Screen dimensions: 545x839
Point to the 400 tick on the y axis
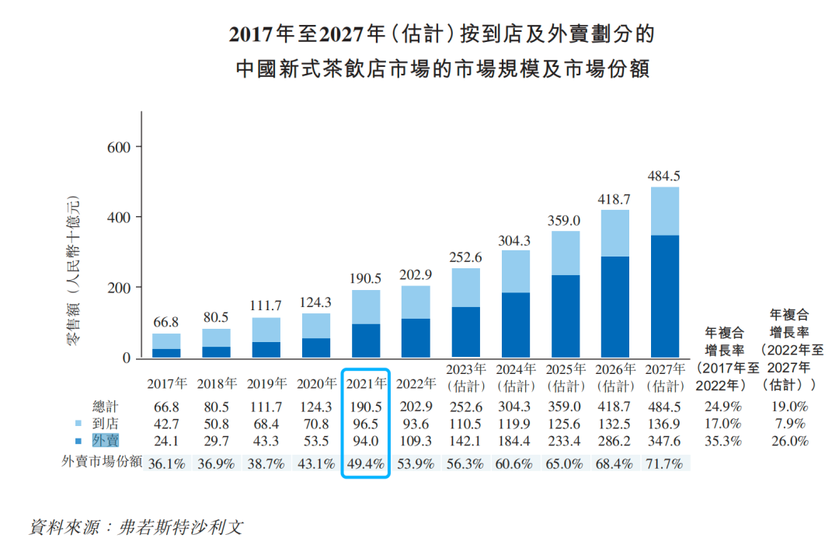(x=119, y=217)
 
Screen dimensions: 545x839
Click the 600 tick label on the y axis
(x=119, y=146)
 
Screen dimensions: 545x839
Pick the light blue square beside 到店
(x=78, y=424)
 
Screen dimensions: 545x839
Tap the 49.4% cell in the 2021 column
(x=364, y=464)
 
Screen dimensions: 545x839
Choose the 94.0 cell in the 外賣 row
(x=364, y=441)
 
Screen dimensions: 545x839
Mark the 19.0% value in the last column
(x=789, y=407)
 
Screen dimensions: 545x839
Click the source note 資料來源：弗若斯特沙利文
(x=136, y=526)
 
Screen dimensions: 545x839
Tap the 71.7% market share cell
(x=665, y=464)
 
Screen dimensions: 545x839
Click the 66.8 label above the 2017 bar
(x=166, y=322)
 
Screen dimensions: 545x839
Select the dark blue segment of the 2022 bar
(x=416, y=338)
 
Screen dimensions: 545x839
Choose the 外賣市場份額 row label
(x=102, y=462)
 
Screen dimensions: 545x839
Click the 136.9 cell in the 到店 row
(x=665, y=424)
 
